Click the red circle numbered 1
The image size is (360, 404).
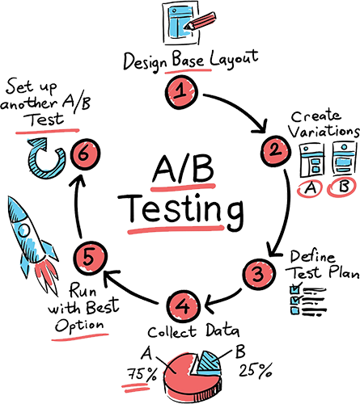[x=181, y=92]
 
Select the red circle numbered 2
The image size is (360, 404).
[x=276, y=151]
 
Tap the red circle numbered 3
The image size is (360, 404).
[x=259, y=274]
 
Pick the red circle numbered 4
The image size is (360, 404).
[x=184, y=306]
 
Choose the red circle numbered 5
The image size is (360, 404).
[x=90, y=258]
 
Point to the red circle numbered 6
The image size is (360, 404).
[x=85, y=154]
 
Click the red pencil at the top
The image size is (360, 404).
[x=200, y=21]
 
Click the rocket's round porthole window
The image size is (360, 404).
[x=23, y=231]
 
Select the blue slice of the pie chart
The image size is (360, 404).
[x=209, y=364]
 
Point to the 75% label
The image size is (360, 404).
[x=142, y=373]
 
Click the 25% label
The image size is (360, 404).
[x=255, y=370]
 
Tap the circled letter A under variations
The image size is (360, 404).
[x=310, y=188]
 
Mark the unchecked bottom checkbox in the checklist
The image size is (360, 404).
[x=294, y=310]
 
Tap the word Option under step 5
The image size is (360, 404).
[x=79, y=326]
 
